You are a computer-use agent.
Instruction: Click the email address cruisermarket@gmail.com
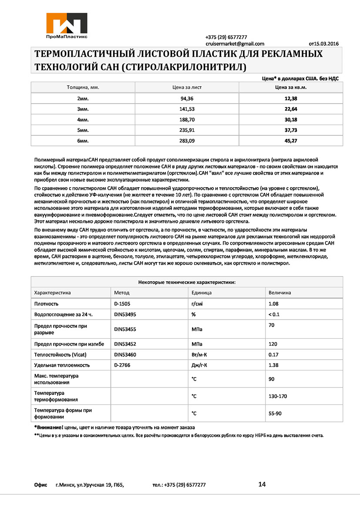235,44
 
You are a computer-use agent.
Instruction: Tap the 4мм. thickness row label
83,120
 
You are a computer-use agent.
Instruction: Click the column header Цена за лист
187,87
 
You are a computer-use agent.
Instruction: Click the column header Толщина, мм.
83,87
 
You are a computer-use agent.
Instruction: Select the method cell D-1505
123,303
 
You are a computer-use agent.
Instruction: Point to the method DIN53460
125,355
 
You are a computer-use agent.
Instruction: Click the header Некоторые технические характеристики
187,282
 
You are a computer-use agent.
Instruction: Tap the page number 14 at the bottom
262,484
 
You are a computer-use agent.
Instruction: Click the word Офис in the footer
40,485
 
